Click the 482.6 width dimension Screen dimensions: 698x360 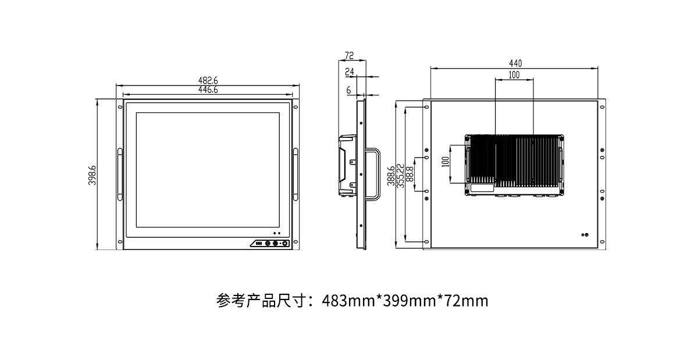click(x=208, y=80)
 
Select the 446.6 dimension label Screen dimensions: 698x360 click(x=208, y=90)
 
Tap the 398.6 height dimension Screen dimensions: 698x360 click(x=92, y=175)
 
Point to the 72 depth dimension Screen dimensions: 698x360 click(x=350, y=55)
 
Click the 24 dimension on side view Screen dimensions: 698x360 click(x=350, y=72)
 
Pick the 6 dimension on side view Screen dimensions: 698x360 click(x=348, y=90)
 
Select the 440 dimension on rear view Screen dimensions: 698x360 click(x=515, y=63)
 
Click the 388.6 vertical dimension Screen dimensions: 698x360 click(x=391, y=176)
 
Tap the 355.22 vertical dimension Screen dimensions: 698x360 click(x=400, y=176)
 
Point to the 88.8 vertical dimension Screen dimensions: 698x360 click(x=410, y=174)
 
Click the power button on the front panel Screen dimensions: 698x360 click(x=285, y=243)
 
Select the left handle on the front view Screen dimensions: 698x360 click(x=120, y=174)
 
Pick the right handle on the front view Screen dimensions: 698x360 click(x=295, y=174)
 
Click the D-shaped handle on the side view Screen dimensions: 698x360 click(x=379, y=173)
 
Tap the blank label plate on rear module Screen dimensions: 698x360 click(x=482, y=188)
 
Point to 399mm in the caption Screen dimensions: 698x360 click(x=409, y=301)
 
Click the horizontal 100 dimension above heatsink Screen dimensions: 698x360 click(x=514, y=75)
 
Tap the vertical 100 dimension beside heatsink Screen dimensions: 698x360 click(x=446, y=162)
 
